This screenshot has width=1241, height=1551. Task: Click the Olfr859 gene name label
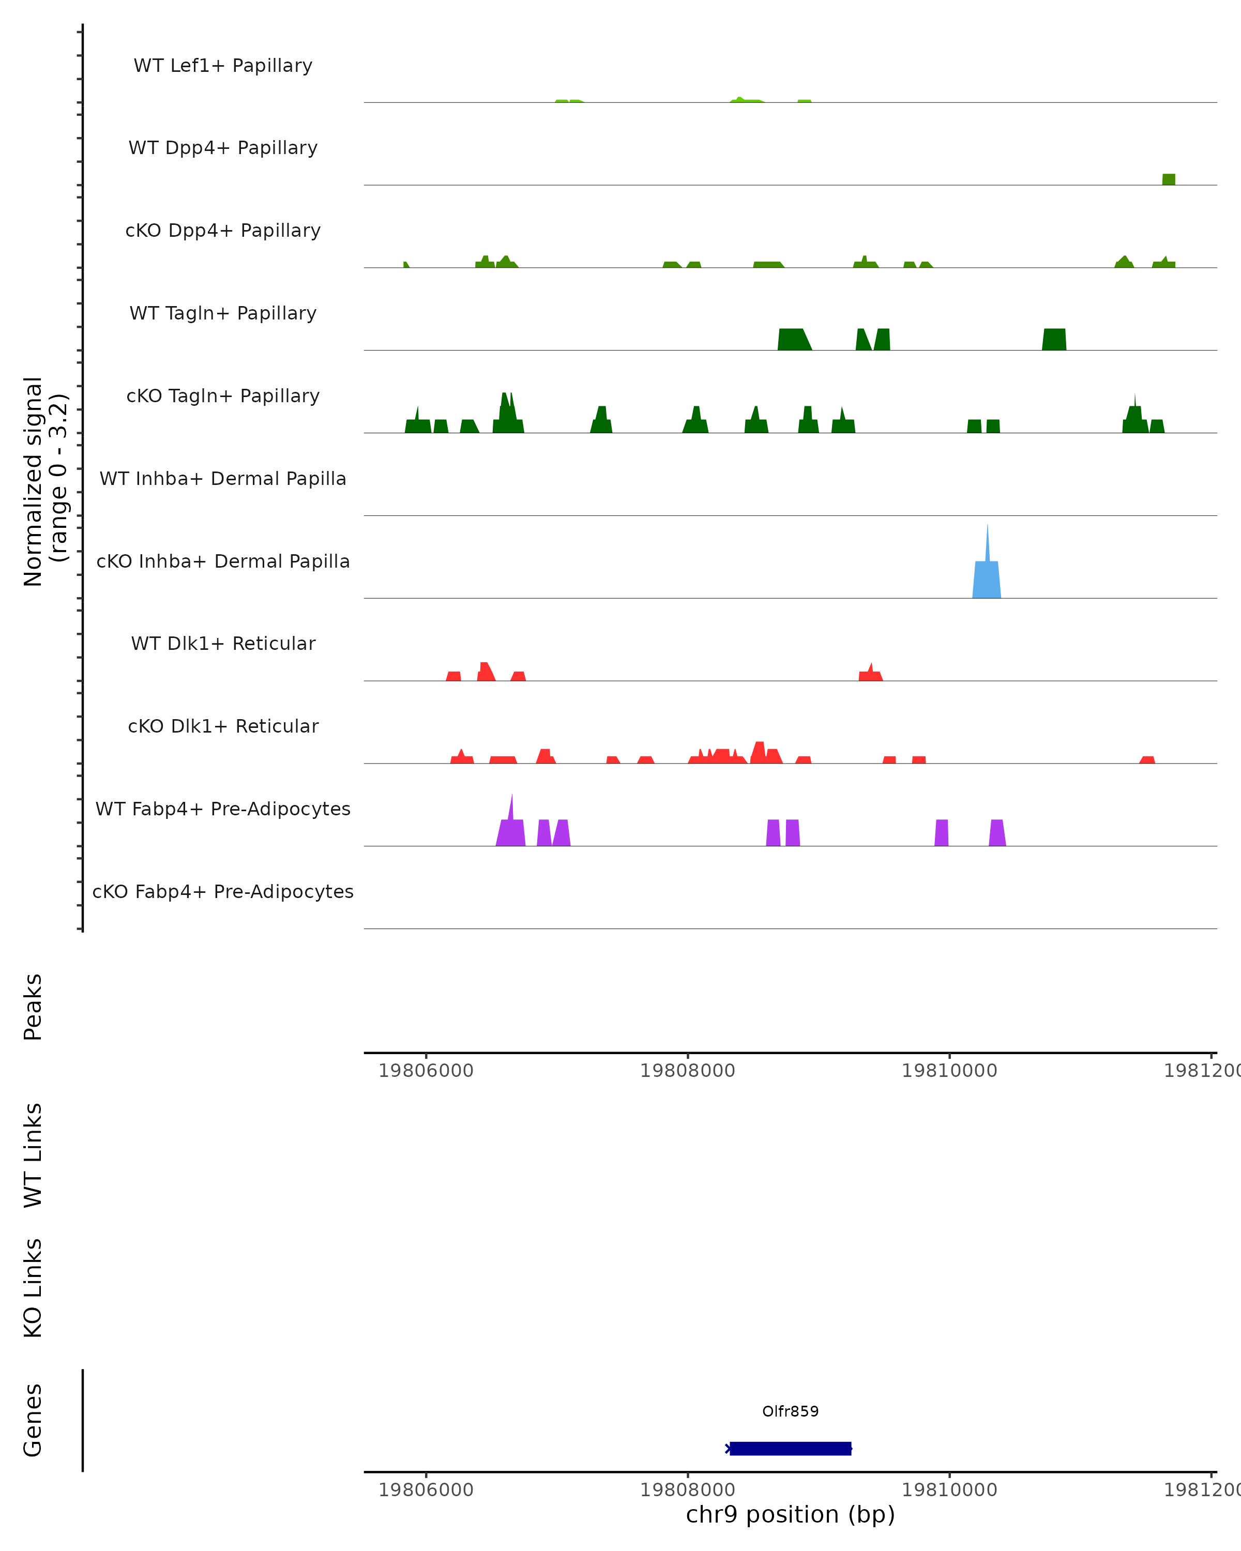pos(790,1411)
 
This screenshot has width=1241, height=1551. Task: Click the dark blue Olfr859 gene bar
pos(790,1448)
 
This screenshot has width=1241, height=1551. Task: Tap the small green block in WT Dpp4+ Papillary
pos(1168,179)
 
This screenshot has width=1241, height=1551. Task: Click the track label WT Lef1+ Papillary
pos(223,66)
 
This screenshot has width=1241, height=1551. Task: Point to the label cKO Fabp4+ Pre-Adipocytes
pos(223,891)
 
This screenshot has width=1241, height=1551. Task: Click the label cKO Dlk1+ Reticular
pos(223,726)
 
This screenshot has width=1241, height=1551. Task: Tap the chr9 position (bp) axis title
pos(790,1514)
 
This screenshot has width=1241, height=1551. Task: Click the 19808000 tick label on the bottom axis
pos(687,1489)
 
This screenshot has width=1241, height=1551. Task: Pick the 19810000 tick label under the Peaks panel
pos(949,1071)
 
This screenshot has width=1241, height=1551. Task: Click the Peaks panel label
pos(33,1007)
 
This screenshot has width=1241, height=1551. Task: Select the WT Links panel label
pos(33,1154)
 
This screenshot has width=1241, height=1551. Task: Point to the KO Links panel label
pos(33,1288)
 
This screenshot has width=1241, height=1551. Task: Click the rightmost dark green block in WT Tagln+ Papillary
pos(1054,340)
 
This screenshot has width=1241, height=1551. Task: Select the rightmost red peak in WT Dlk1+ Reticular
pos(870,674)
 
